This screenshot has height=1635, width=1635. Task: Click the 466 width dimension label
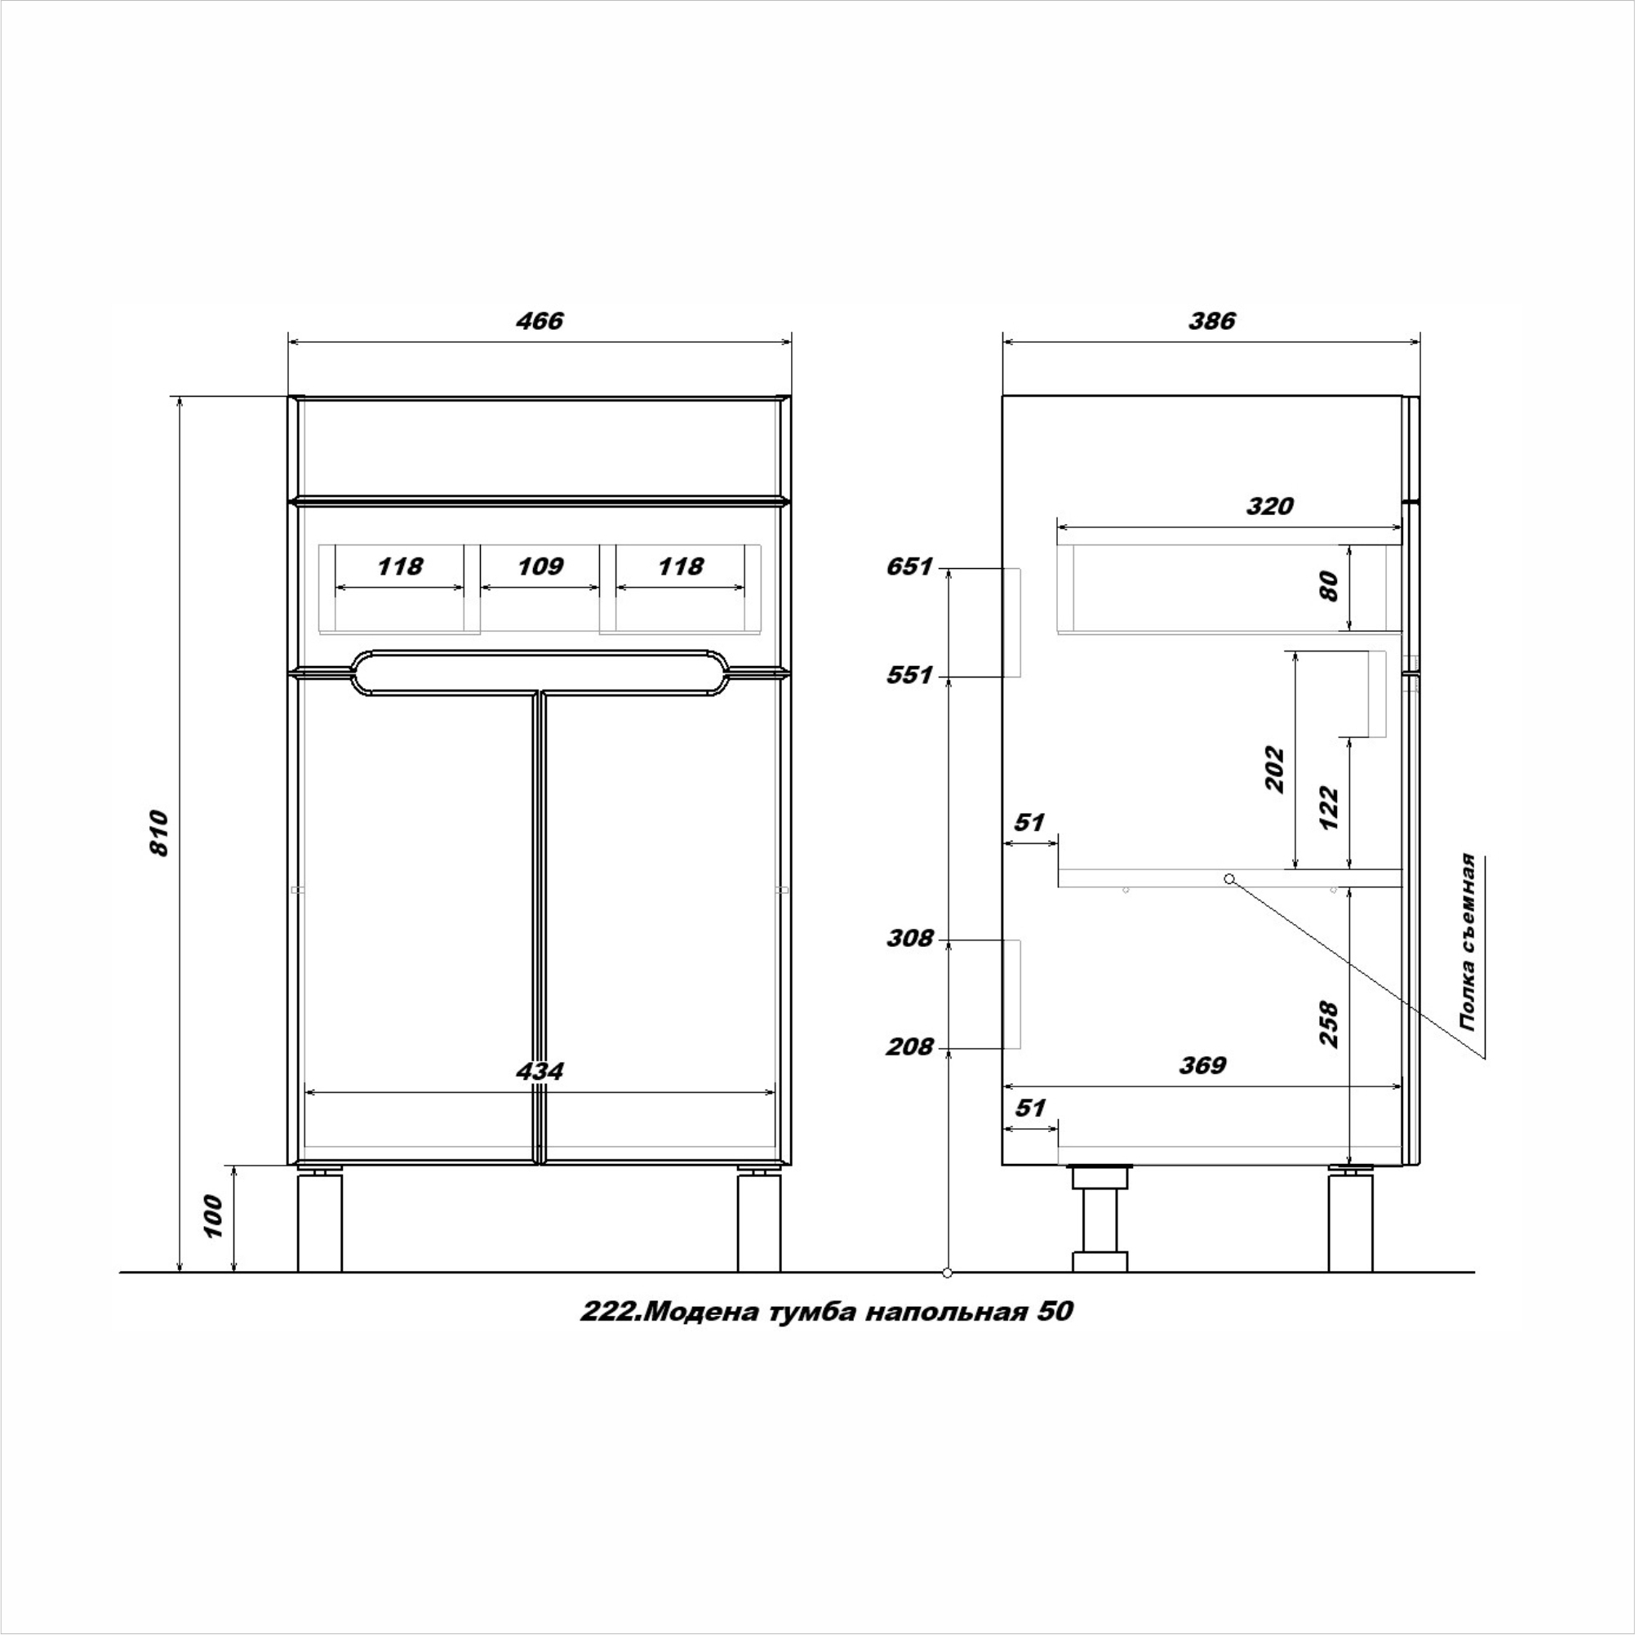point(539,322)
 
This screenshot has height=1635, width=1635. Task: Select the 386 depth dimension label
point(1212,322)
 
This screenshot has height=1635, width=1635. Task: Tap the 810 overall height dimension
point(159,833)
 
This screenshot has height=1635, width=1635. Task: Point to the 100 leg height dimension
point(212,1217)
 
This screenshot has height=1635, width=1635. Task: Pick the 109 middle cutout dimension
point(540,566)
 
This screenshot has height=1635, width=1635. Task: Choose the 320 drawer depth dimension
point(1269,506)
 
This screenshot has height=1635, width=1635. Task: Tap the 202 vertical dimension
point(1274,769)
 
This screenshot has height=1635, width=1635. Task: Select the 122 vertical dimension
point(1330,808)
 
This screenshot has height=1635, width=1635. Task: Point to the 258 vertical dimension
point(1330,1025)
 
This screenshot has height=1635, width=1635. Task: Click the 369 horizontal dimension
point(1202,1064)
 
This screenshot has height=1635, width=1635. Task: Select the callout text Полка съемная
point(1468,942)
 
